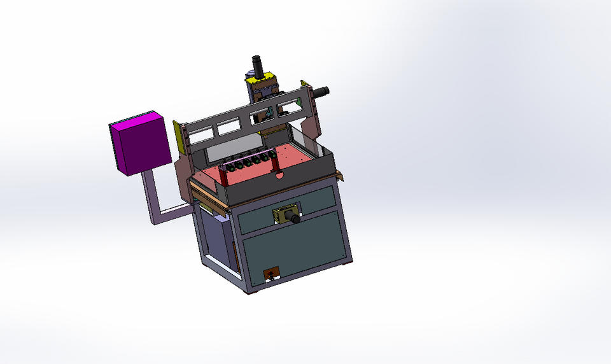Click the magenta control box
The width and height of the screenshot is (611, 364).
(x=140, y=145)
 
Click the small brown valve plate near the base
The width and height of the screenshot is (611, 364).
(x=272, y=274)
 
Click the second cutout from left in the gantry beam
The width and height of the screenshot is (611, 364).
(x=227, y=128)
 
